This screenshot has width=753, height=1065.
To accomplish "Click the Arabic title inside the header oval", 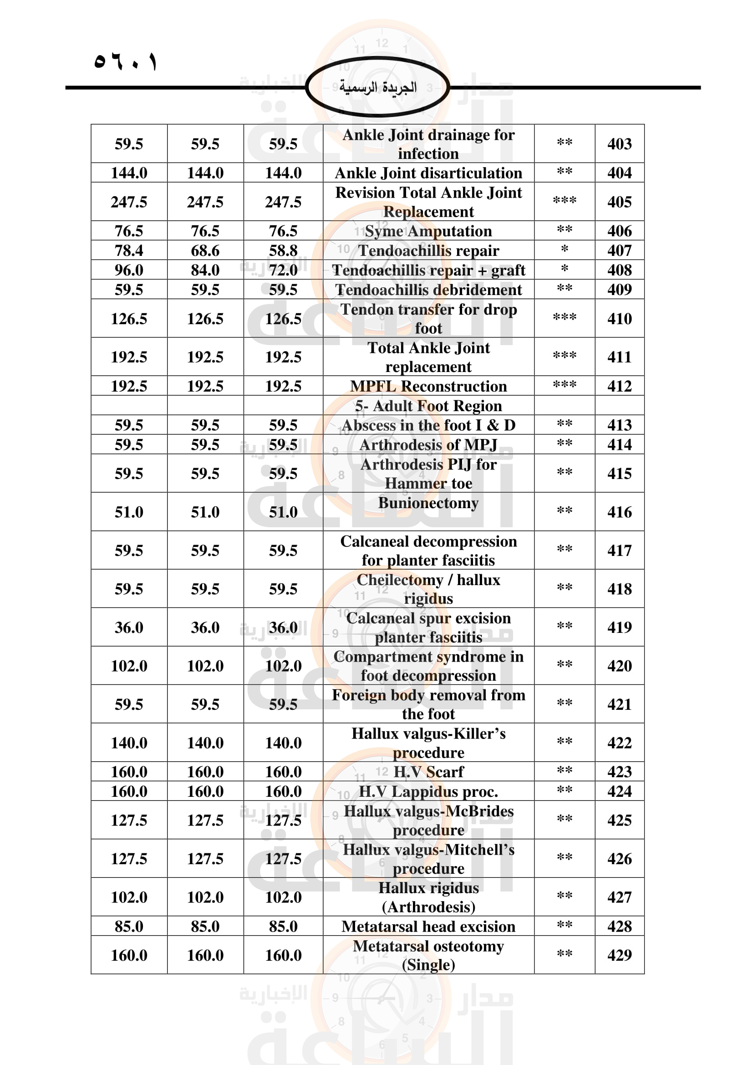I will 377,87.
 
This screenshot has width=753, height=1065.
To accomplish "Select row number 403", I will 619,144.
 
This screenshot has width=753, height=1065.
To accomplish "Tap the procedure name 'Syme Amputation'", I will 428,231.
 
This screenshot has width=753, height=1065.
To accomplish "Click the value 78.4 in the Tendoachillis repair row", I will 129,250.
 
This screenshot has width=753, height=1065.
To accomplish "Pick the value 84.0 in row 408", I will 205,270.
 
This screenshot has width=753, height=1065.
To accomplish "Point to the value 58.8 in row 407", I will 283,250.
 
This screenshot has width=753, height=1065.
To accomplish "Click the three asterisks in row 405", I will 564,201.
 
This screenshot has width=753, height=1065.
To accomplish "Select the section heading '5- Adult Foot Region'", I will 428,406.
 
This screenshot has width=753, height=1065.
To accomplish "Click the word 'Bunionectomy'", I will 428,503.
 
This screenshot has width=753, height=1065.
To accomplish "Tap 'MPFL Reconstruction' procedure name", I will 428,386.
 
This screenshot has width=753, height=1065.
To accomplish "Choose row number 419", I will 619,627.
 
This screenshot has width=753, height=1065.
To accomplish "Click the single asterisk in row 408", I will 564,269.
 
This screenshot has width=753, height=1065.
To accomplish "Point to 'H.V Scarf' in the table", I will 428,772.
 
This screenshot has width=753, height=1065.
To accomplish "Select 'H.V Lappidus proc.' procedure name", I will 428,791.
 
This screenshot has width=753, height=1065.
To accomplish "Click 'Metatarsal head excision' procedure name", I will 428,926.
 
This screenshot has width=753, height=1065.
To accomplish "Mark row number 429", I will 619,955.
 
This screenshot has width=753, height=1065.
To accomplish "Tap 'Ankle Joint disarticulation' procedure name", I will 428,173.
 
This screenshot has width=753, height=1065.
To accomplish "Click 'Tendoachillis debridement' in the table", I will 428,290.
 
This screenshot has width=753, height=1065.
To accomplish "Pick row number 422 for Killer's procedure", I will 619,743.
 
